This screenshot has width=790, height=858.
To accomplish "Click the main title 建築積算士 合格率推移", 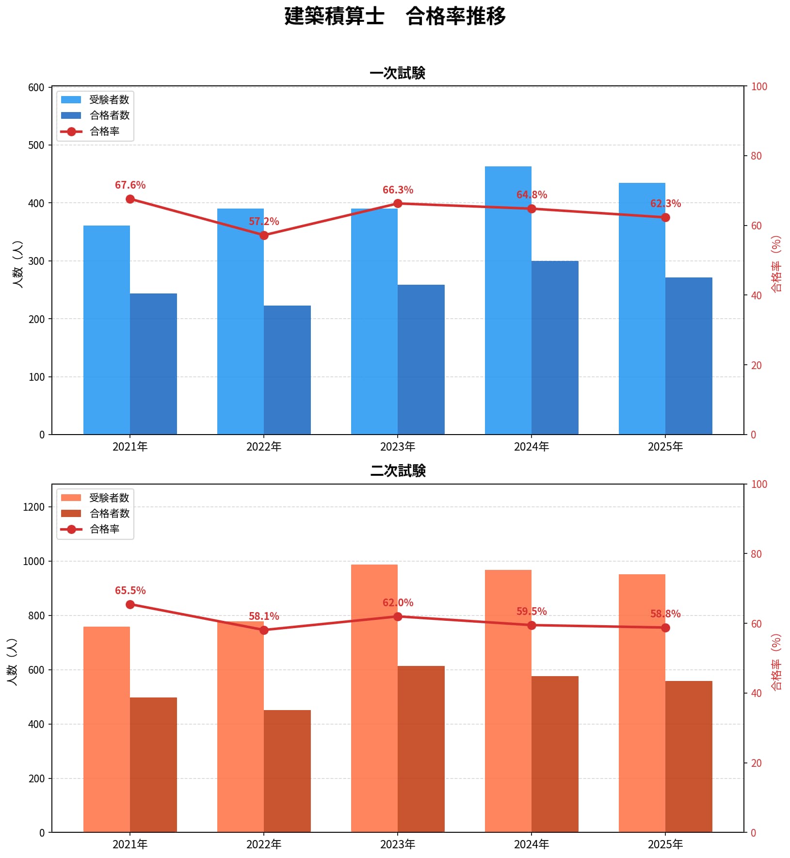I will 395,16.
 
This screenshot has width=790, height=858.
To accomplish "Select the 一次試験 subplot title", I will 397,73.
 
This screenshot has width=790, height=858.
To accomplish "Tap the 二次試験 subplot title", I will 397,470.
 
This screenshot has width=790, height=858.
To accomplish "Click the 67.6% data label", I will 130,185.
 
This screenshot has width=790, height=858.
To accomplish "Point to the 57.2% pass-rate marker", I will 264,235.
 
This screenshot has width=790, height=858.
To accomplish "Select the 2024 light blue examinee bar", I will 508,301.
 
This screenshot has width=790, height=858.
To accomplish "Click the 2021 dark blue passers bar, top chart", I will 153,364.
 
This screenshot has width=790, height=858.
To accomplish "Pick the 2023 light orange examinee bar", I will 374,698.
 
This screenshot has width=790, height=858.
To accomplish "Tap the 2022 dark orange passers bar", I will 287,771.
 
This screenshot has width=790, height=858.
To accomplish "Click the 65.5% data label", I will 130,590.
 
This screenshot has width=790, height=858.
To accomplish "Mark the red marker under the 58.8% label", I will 665,628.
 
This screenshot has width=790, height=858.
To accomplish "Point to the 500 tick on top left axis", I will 36,145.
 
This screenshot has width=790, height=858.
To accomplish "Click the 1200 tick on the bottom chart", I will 33,507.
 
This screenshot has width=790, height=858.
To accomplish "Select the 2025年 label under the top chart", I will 665,447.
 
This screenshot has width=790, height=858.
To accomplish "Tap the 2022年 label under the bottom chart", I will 264,844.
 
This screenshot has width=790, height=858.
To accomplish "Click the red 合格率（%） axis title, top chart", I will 776,264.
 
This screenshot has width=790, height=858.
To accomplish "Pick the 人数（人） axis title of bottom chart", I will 13,662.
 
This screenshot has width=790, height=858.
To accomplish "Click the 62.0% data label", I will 398,602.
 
